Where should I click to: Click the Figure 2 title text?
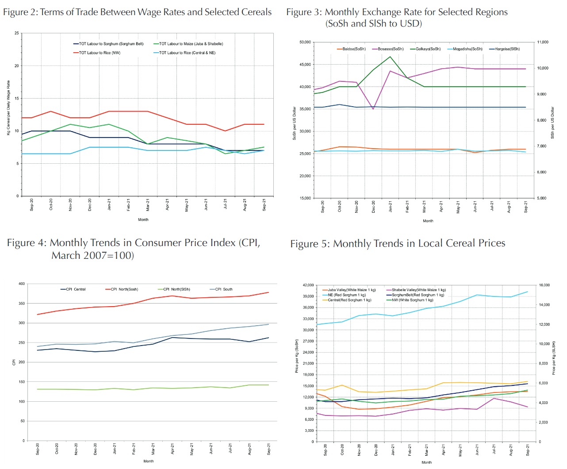[x=137, y=12]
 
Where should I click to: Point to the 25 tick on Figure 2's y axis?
[x=17, y=33]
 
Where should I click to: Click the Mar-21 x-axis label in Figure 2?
[x=148, y=204]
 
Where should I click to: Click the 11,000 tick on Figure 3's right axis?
[x=543, y=42]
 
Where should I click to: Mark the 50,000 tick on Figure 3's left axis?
[x=305, y=42]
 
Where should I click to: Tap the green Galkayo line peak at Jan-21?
[x=390, y=57]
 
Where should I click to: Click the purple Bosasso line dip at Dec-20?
[x=373, y=109]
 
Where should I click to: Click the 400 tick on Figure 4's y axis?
[x=21, y=284]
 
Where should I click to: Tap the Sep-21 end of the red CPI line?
[x=268, y=292]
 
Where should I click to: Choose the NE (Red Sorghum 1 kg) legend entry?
[x=347, y=295]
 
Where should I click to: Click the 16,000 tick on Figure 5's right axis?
[x=544, y=285]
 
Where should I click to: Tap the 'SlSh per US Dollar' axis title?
[x=552, y=123]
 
